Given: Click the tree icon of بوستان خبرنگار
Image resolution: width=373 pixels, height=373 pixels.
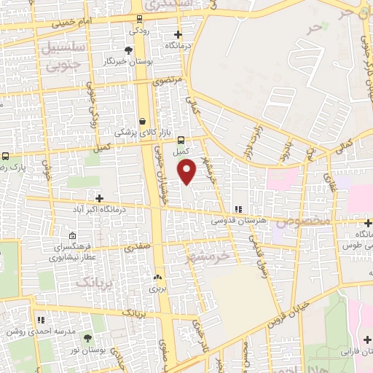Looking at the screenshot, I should [128, 50].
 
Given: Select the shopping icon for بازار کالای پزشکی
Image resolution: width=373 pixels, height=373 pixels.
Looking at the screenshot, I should [142, 121].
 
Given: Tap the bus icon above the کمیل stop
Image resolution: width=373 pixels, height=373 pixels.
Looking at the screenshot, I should [181, 141].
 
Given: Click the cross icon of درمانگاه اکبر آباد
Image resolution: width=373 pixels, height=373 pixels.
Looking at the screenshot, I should [99, 198].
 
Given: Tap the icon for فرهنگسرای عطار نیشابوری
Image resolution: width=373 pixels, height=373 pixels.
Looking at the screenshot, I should [72, 236].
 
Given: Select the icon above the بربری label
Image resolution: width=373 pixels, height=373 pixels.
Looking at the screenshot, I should [157, 277].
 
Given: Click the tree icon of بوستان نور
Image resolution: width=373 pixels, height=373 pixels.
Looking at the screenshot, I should [87, 339].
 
